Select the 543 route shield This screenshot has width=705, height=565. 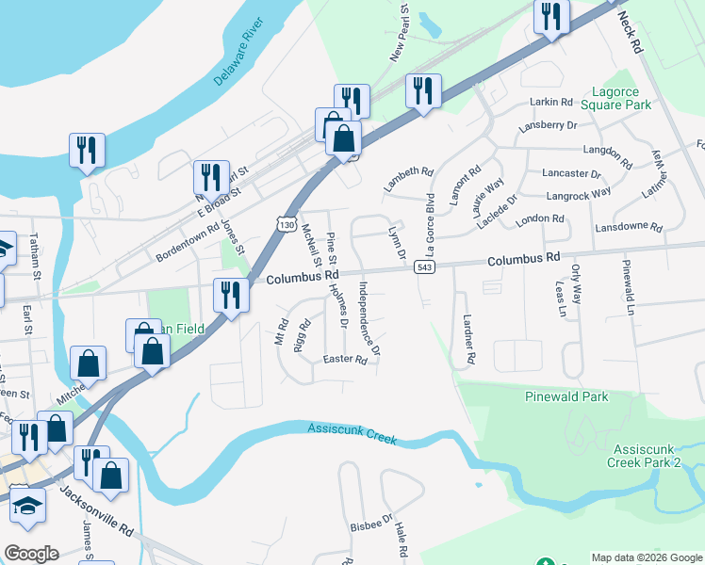(x=422, y=268)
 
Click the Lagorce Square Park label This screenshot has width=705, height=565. (x=621, y=98)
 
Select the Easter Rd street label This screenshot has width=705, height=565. (x=344, y=360)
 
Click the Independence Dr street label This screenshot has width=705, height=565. (x=369, y=317)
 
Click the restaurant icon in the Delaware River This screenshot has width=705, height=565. (x=87, y=151)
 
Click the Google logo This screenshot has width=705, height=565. (x=31, y=554)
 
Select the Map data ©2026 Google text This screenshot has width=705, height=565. (x=646, y=557)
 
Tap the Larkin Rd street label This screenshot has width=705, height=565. (x=551, y=102)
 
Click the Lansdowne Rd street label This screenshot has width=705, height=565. (x=630, y=228)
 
